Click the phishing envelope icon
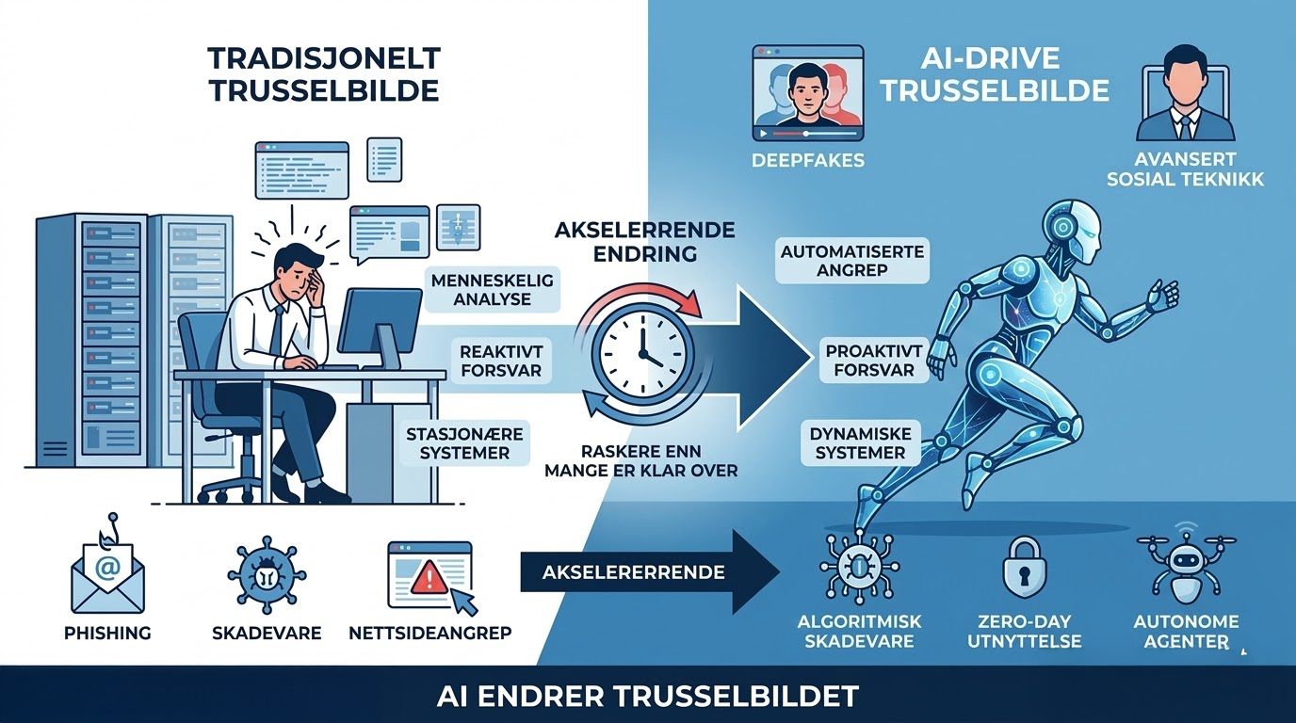(106, 571)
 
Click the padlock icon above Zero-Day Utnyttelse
(1022, 570)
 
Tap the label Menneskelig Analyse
(493, 290)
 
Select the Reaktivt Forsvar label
(501, 361)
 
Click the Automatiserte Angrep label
(852, 260)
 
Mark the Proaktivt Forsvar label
(869, 361)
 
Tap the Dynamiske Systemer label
(860, 443)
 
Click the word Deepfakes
(807, 160)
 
